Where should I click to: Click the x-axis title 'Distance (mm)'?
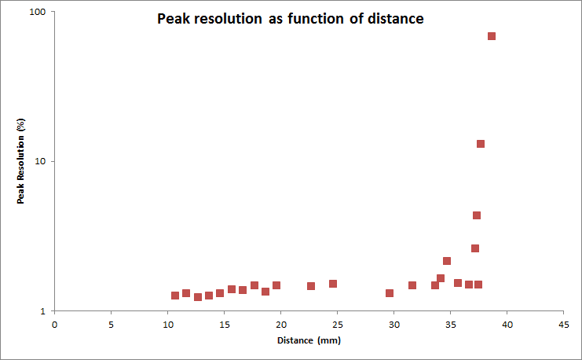click(x=309, y=340)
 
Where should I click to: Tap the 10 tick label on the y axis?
click(x=40, y=161)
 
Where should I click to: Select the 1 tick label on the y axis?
click(x=43, y=311)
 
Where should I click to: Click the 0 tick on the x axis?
click(x=54, y=323)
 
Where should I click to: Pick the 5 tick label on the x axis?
click(x=111, y=323)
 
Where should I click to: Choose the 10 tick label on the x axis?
click(x=167, y=323)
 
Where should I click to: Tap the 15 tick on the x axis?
click(x=224, y=323)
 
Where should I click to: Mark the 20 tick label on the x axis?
click(x=280, y=323)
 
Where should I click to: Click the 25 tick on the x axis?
click(x=337, y=323)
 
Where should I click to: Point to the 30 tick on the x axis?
click(x=393, y=323)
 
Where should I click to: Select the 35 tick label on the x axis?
click(x=450, y=323)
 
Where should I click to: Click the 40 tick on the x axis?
click(x=507, y=323)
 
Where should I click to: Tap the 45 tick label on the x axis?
click(x=563, y=323)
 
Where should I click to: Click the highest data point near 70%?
click(x=492, y=36)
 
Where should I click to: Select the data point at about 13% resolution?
click(x=481, y=144)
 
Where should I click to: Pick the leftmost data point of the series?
click(x=175, y=296)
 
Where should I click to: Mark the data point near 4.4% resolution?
click(x=477, y=215)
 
